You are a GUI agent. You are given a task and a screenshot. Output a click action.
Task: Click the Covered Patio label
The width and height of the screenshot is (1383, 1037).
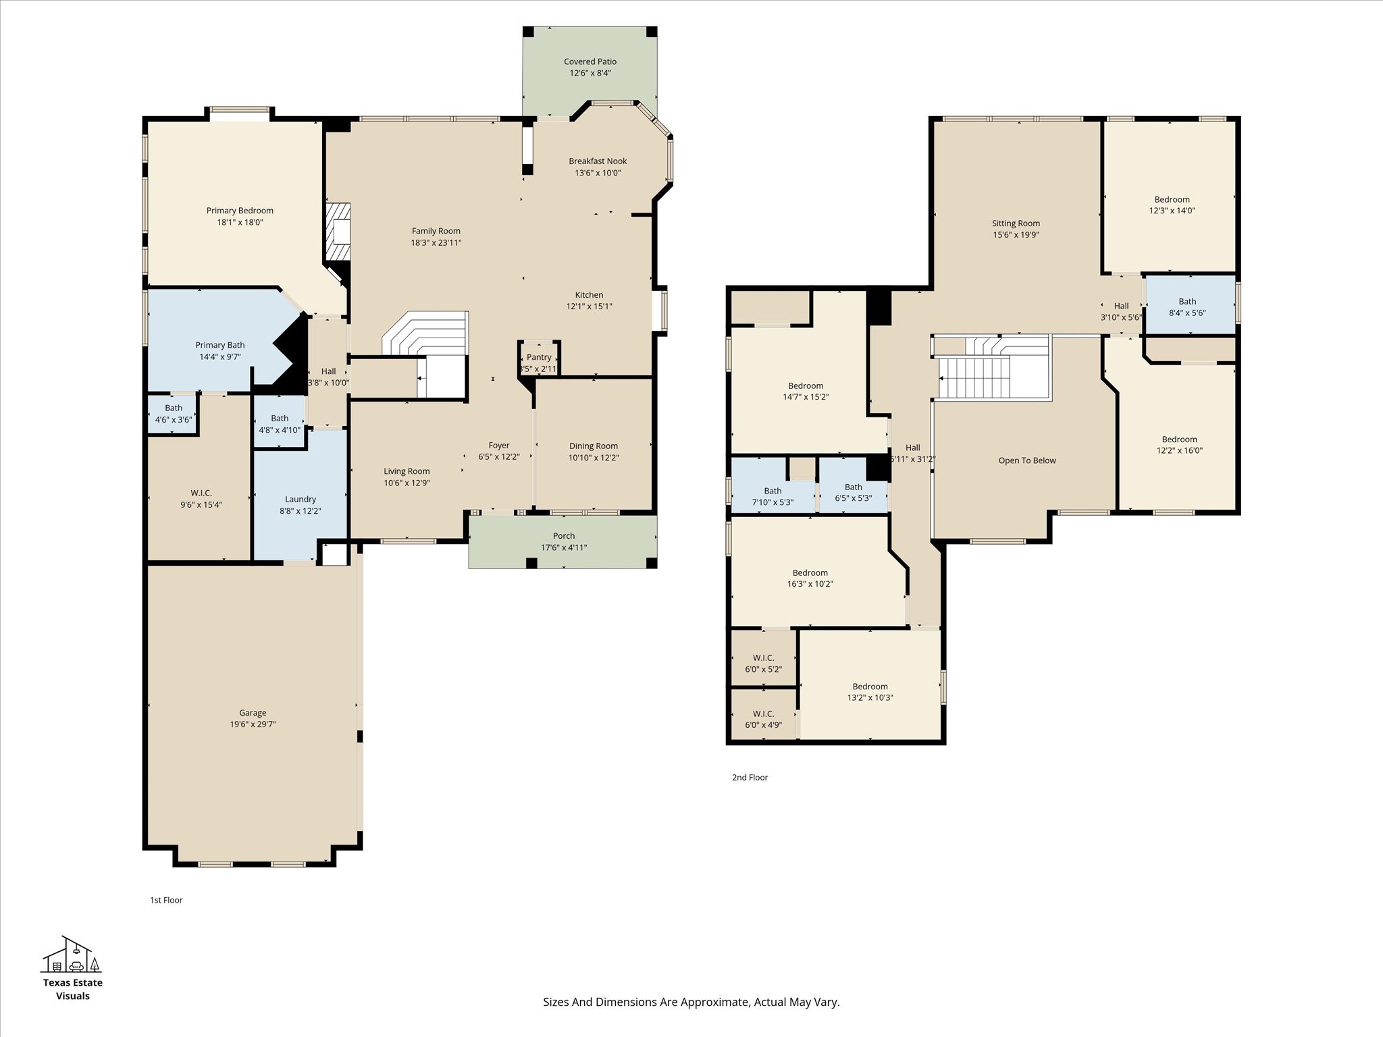(x=590, y=61)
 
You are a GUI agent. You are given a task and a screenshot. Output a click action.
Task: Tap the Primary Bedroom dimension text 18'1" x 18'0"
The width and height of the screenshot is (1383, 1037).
(x=240, y=222)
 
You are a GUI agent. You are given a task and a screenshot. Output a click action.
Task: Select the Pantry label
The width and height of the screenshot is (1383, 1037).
(x=539, y=357)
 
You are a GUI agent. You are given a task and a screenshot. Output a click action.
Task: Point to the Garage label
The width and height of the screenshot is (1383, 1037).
(x=253, y=712)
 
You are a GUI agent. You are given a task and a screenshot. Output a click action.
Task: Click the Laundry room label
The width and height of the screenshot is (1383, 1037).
(x=301, y=499)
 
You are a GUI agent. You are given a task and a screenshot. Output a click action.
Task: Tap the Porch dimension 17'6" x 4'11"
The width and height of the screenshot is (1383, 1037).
(x=564, y=548)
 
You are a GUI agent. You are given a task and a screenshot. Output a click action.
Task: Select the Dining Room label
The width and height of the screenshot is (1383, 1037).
(x=593, y=446)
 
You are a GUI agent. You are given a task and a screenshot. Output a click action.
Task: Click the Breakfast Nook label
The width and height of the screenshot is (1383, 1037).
(x=598, y=161)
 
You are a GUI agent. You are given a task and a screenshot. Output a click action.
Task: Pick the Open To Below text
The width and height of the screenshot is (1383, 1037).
(x=1027, y=460)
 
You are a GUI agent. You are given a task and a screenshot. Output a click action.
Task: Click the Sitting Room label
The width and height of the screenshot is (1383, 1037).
(x=1016, y=223)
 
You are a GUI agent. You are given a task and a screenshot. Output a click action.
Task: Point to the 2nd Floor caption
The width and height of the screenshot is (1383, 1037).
(x=750, y=777)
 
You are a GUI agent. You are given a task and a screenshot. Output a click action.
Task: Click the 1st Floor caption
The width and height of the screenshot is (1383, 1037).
(x=166, y=900)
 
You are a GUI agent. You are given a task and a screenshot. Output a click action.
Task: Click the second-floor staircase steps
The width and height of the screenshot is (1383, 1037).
(x=976, y=379)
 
